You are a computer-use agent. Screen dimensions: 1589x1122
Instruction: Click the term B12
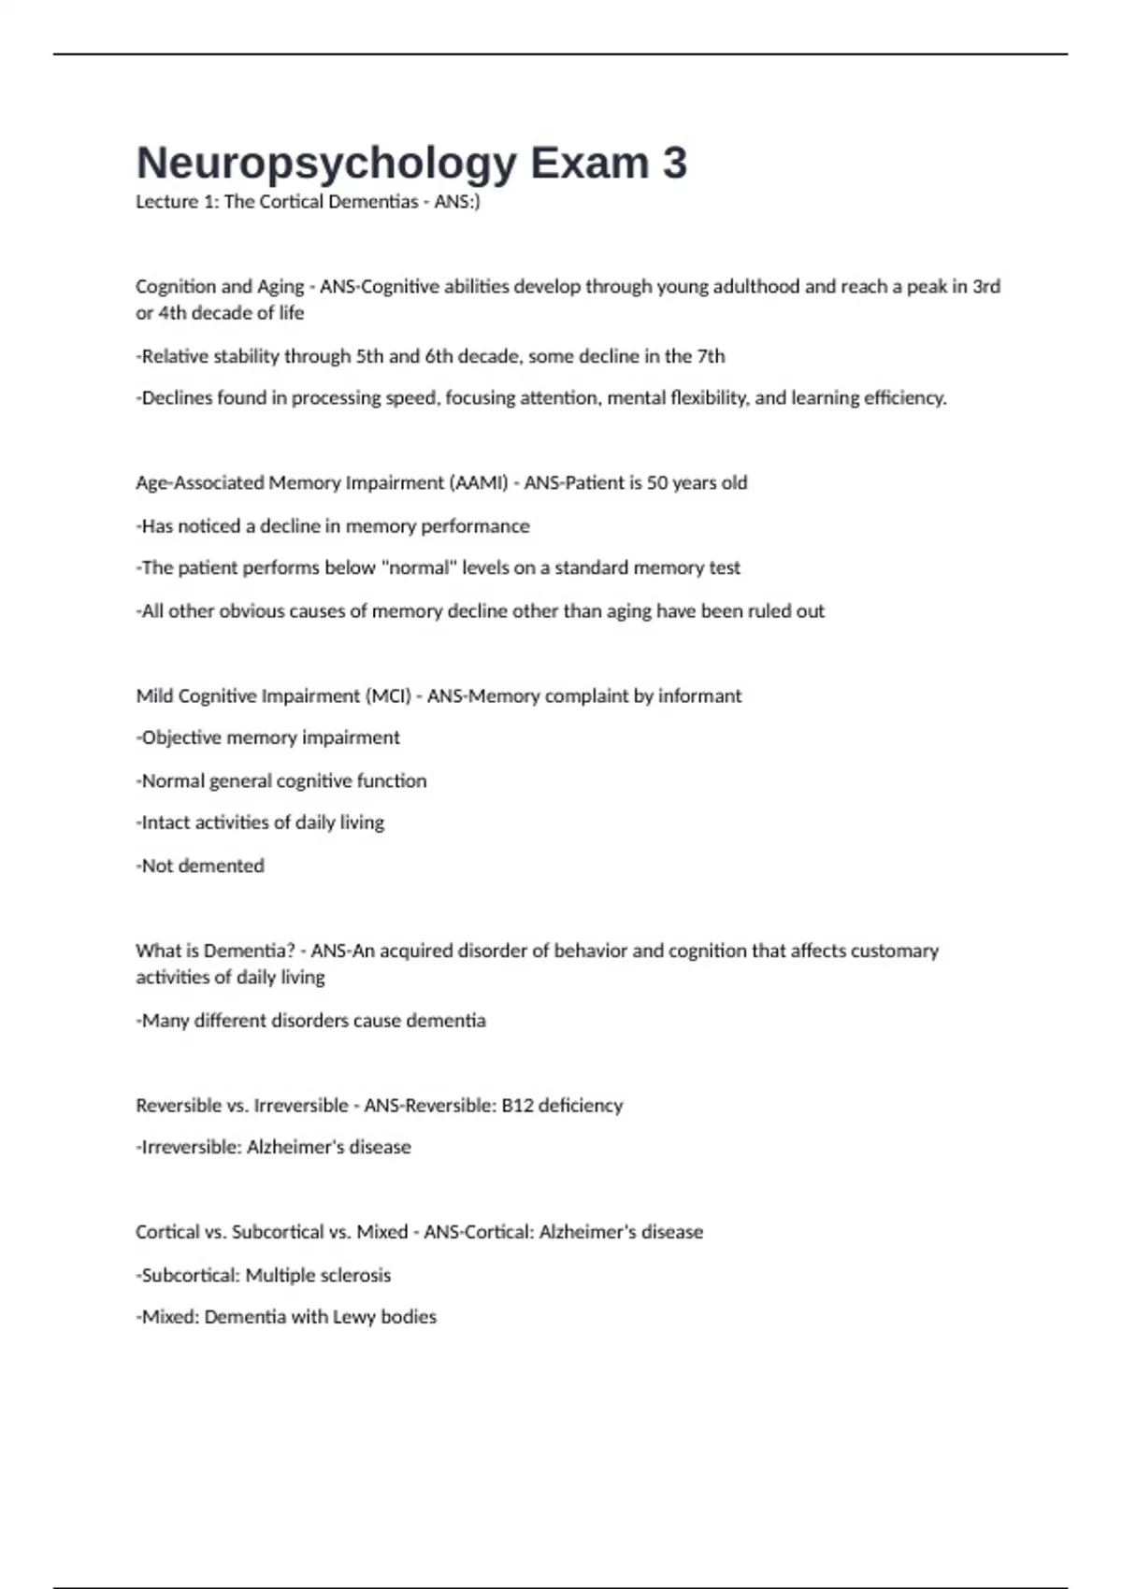pyautogui.click(x=518, y=1106)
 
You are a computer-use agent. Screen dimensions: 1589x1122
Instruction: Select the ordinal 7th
pyautogui.click(x=711, y=356)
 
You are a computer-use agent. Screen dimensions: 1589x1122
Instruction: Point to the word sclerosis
pyautogui.click(x=355, y=1276)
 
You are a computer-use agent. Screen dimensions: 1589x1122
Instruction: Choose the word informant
pyautogui.click(x=699, y=696)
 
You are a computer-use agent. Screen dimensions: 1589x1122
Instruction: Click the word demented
pyautogui.click(x=221, y=866)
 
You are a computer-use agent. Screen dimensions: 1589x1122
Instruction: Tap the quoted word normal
pyautogui.click(x=419, y=568)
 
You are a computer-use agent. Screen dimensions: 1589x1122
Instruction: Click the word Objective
pyautogui.click(x=181, y=738)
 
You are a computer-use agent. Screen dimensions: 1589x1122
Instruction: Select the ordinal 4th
pyautogui.click(x=172, y=313)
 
